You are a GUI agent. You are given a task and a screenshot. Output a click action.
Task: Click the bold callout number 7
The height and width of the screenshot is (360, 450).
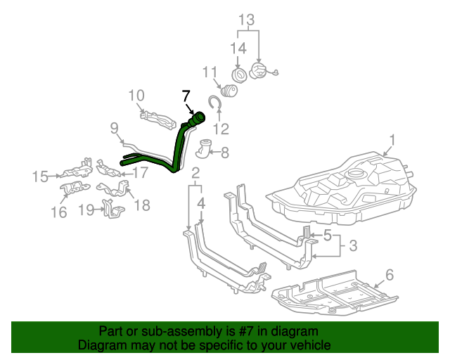pos(186,96)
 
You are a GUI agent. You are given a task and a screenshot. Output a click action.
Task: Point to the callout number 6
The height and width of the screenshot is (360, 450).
pos(389,275)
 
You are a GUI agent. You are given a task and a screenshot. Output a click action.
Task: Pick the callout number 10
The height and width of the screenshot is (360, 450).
pos(136,95)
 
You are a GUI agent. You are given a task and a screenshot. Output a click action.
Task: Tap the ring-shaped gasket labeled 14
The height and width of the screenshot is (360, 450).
pos(240,75)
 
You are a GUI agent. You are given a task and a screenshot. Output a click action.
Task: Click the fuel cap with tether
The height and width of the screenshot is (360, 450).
pos(262,72)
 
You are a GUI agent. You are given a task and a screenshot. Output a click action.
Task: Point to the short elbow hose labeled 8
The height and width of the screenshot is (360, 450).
pos(204,150)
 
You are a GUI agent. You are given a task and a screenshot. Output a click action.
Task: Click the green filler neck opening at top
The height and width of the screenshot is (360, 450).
pos(198,117)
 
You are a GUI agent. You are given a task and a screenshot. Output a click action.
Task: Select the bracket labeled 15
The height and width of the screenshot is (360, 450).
pos(74,171)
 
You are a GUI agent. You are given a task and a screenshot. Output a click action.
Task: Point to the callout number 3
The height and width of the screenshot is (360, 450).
pos(352,245)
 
